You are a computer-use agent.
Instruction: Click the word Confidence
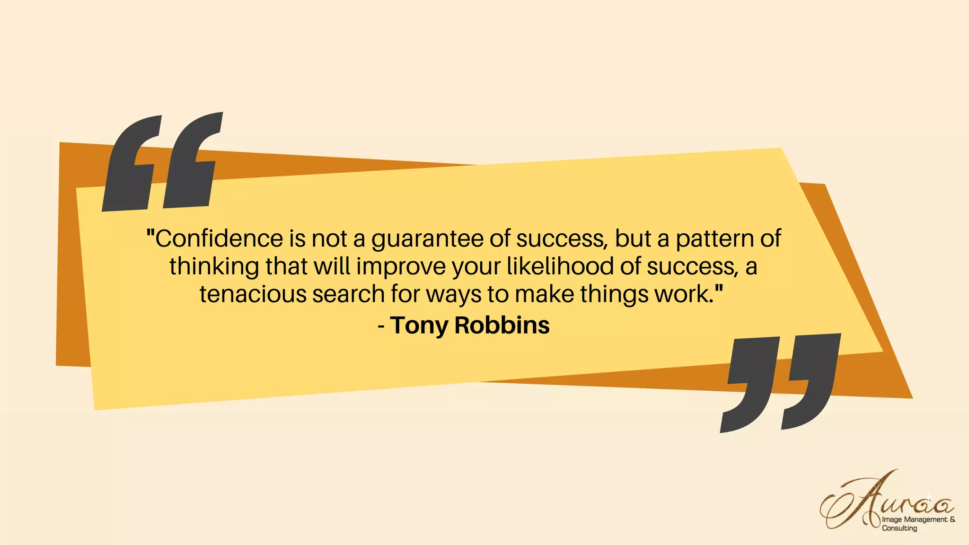(219, 238)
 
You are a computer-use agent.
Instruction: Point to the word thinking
(214, 267)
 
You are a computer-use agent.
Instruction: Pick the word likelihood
(560, 266)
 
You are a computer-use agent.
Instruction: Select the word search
(348, 294)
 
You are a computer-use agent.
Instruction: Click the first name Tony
(419, 326)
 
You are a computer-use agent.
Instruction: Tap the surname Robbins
(502, 325)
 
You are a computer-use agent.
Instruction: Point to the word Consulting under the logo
(899, 528)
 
